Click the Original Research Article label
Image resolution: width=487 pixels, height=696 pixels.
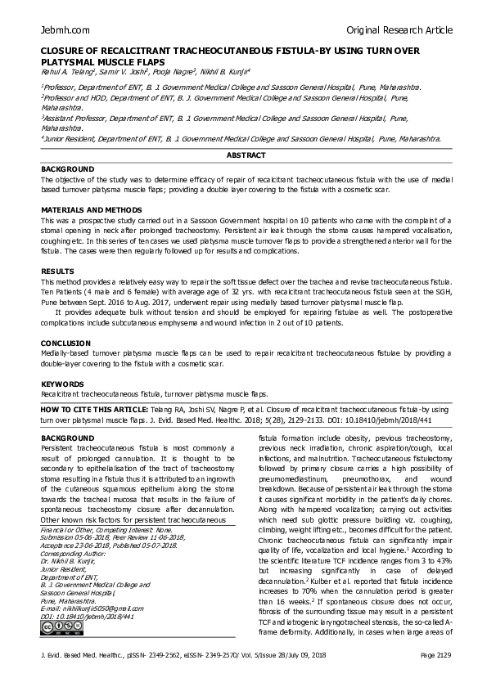399,30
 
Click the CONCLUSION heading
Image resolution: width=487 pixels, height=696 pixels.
65,344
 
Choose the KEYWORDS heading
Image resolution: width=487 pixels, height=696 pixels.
63,383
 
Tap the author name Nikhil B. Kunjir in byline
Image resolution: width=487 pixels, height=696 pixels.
226,71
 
